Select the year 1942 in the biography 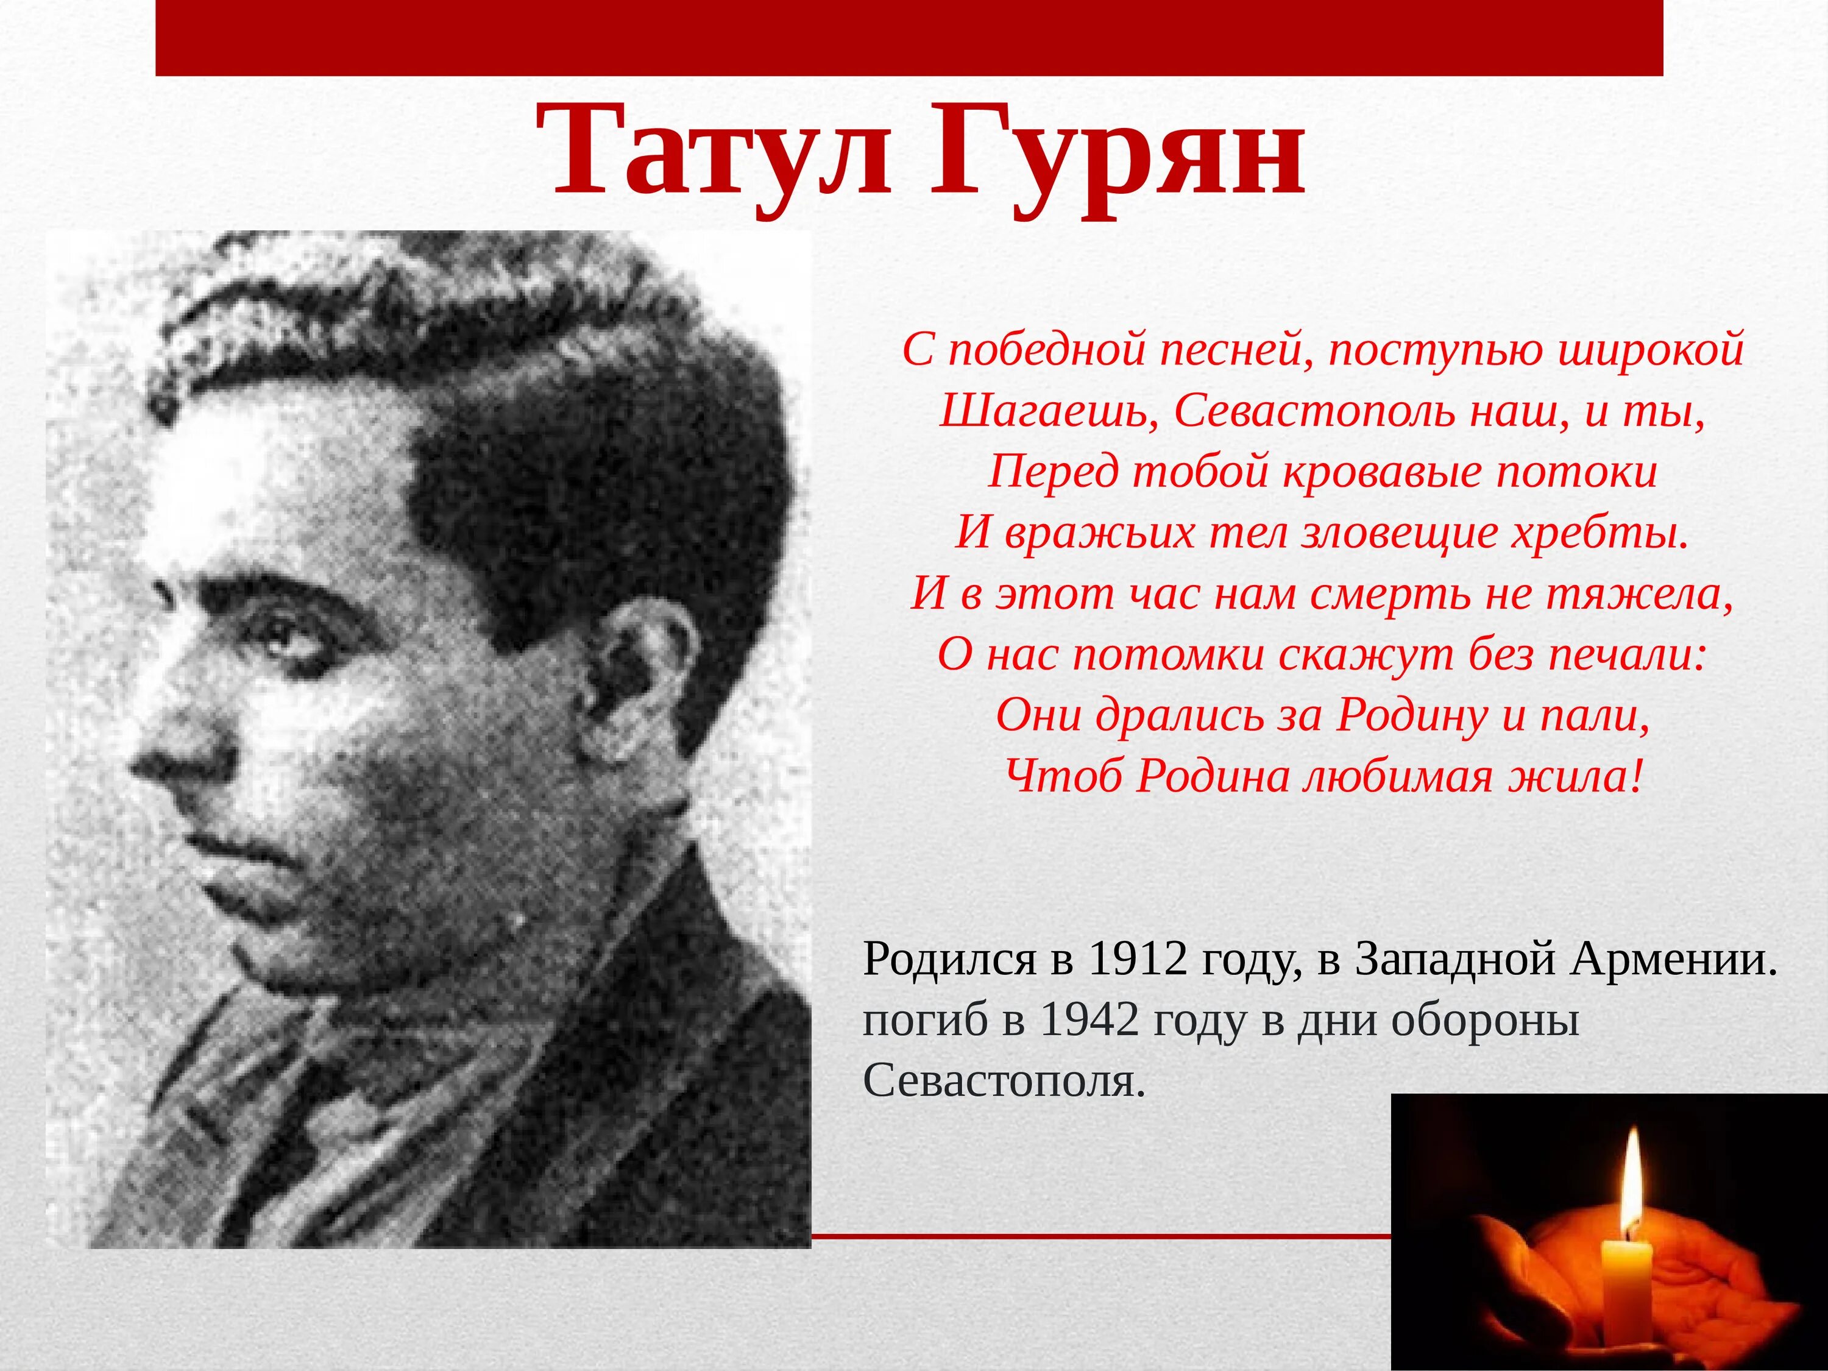[1089, 1021]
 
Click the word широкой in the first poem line [1651, 350]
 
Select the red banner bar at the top [909, 37]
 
